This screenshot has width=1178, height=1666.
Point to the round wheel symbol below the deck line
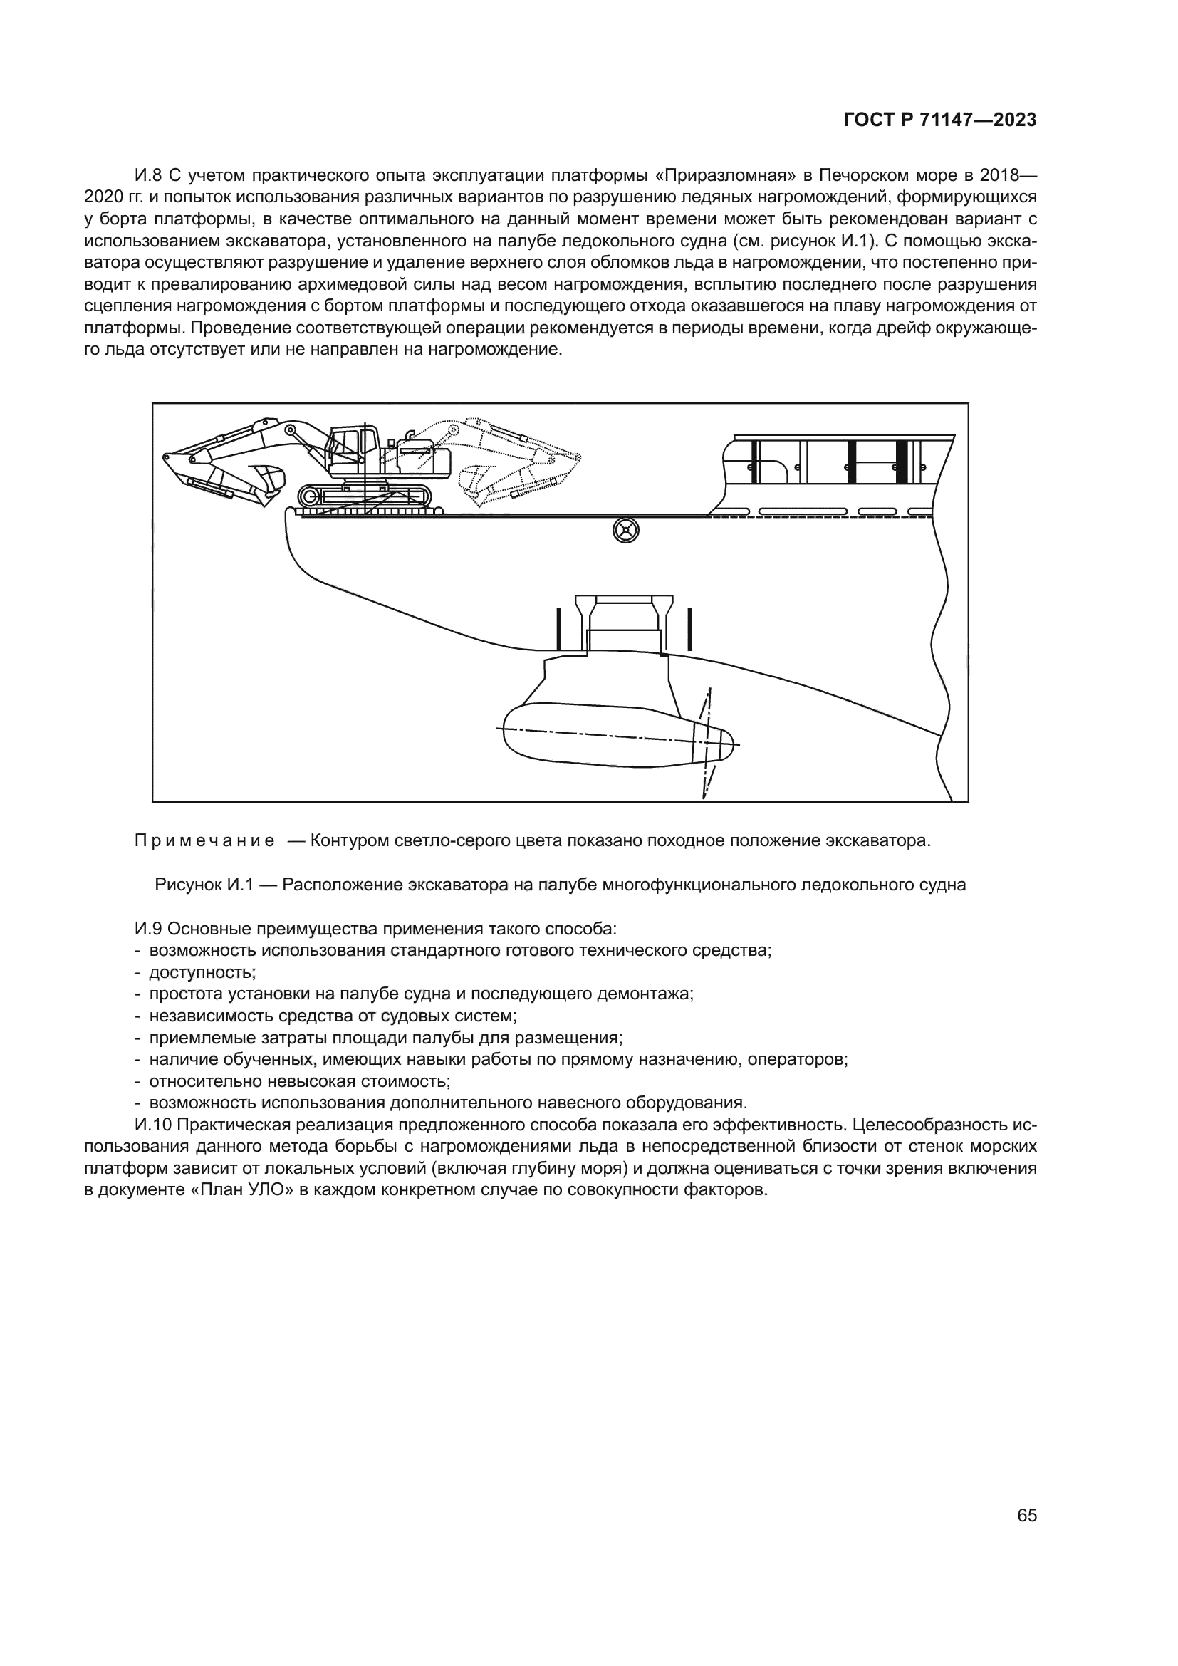pyautogui.click(x=625, y=531)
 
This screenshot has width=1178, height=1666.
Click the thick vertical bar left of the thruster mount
pyautogui.click(x=558, y=628)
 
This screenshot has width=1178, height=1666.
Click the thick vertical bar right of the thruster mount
pyautogui.click(x=689, y=628)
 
